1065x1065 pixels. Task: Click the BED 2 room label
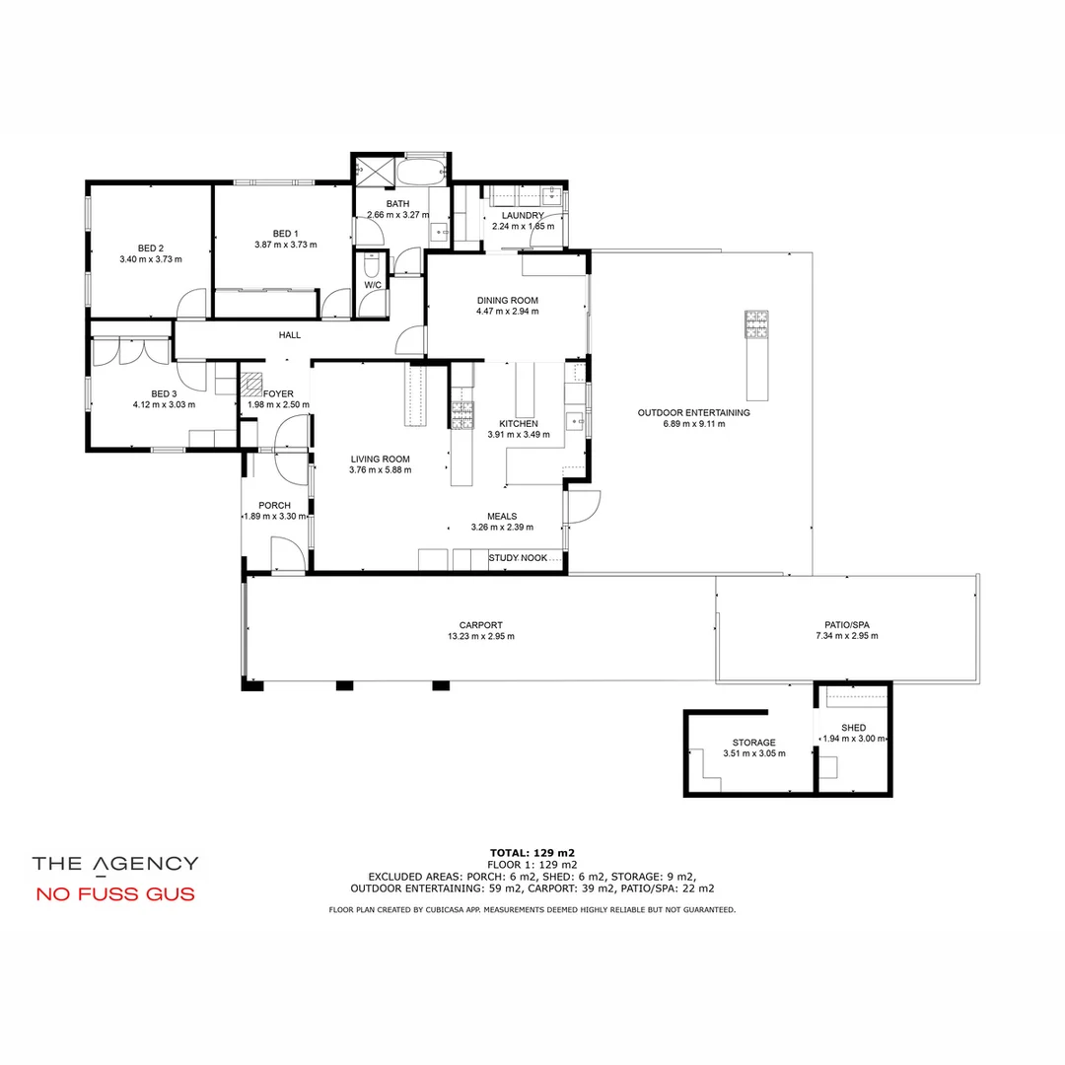click(150, 248)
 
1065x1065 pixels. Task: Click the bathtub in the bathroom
click(423, 173)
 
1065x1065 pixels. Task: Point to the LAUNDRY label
click(522, 215)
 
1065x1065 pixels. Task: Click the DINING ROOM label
click(507, 300)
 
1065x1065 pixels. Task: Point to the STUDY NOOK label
click(518, 558)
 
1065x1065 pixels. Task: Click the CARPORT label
click(480, 624)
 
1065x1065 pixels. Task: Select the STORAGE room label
click(753, 743)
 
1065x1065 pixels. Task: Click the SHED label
click(853, 728)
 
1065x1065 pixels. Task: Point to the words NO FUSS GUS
click(114, 895)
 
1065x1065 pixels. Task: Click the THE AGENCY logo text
click(114, 864)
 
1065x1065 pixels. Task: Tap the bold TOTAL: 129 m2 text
click(532, 852)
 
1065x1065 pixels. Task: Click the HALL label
click(289, 335)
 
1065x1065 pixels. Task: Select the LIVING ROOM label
click(380, 459)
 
